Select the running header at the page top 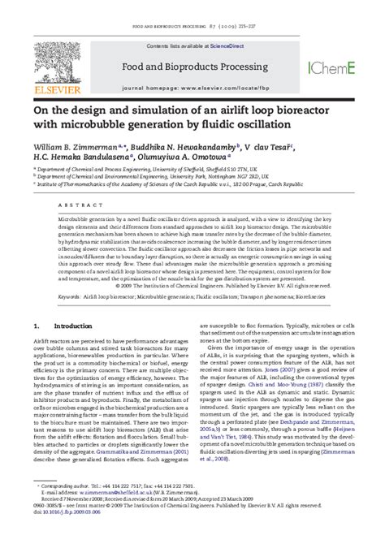click(x=192, y=7)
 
